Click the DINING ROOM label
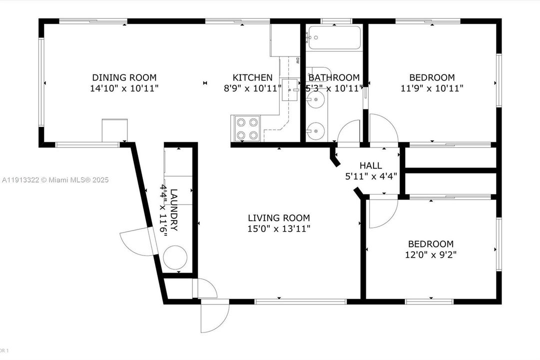(124, 77)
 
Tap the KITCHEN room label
(252, 77)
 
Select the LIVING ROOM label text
(279, 218)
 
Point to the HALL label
(371, 165)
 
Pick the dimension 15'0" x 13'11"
(279, 229)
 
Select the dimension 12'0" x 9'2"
(431, 254)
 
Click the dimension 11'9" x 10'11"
(432, 88)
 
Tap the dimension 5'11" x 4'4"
(371, 176)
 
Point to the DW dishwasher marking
(297, 61)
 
